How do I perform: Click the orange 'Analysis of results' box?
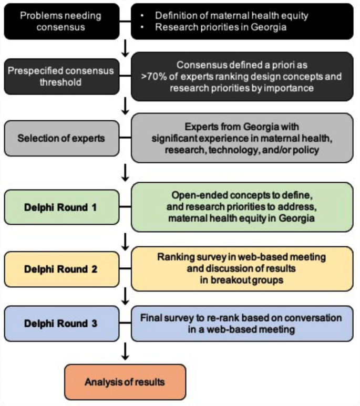(125, 382)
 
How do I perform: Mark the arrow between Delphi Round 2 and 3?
(125, 297)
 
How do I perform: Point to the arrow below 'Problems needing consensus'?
(125, 48)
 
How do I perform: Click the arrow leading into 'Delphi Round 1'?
(125, 171)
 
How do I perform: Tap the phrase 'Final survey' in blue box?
(165, 318)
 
